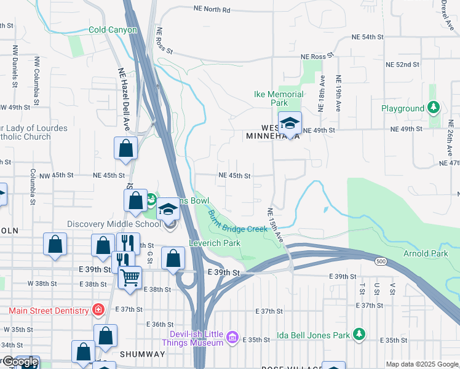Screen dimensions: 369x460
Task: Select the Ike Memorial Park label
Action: coord(279,98)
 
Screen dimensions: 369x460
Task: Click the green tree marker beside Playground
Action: coord(434,108)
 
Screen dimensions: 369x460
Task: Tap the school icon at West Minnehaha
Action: coord(290,123)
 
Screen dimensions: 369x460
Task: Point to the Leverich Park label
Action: coord(214,243)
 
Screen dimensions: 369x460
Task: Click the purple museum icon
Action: coord(232,336)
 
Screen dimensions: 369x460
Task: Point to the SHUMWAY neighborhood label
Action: coord(142,354)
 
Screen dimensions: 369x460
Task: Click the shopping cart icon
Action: coord(130,277)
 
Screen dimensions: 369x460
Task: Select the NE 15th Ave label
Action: coord(276,224)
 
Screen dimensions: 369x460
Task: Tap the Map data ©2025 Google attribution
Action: coord(422,364)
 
